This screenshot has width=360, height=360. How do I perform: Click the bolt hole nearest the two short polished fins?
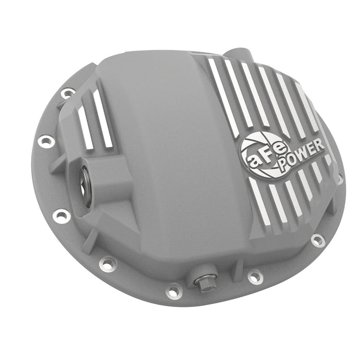click(x=67, y=94)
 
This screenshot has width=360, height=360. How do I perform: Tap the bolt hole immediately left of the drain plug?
click(x=174, y=291)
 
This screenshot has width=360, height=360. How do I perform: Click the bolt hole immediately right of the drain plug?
click(x=255, y=277)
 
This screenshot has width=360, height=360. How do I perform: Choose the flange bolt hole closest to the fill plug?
click(x=61, y=216)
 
